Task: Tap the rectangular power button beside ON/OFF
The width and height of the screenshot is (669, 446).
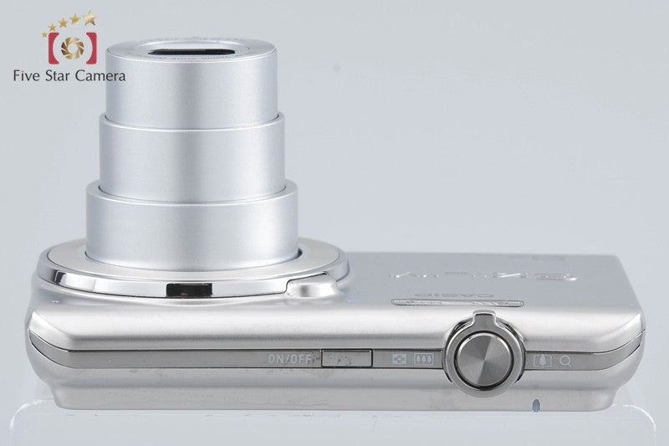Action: [347, 358]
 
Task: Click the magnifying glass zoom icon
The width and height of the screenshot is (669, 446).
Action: [566, 360]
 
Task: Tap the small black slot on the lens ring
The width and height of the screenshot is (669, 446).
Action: [186, 290]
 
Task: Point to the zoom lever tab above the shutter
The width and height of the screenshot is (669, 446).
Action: [481, 317]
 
